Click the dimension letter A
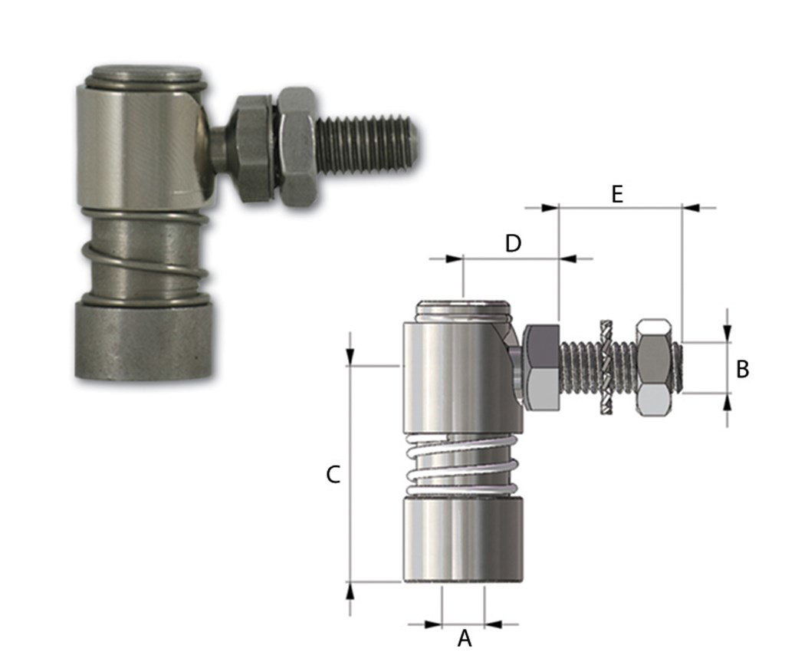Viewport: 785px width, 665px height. coord(465,638)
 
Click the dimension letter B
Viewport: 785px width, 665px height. coord(742,370)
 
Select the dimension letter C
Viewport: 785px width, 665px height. coord(333,475)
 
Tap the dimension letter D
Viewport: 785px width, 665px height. coord(513,243)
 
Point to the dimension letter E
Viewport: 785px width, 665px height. coord(617,194)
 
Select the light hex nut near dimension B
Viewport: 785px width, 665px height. coord(655,367)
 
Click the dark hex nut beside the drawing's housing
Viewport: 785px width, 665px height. coord(540,367)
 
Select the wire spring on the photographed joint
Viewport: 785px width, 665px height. coord(146,260)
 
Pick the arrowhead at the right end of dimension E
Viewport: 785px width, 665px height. coord(690,207)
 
